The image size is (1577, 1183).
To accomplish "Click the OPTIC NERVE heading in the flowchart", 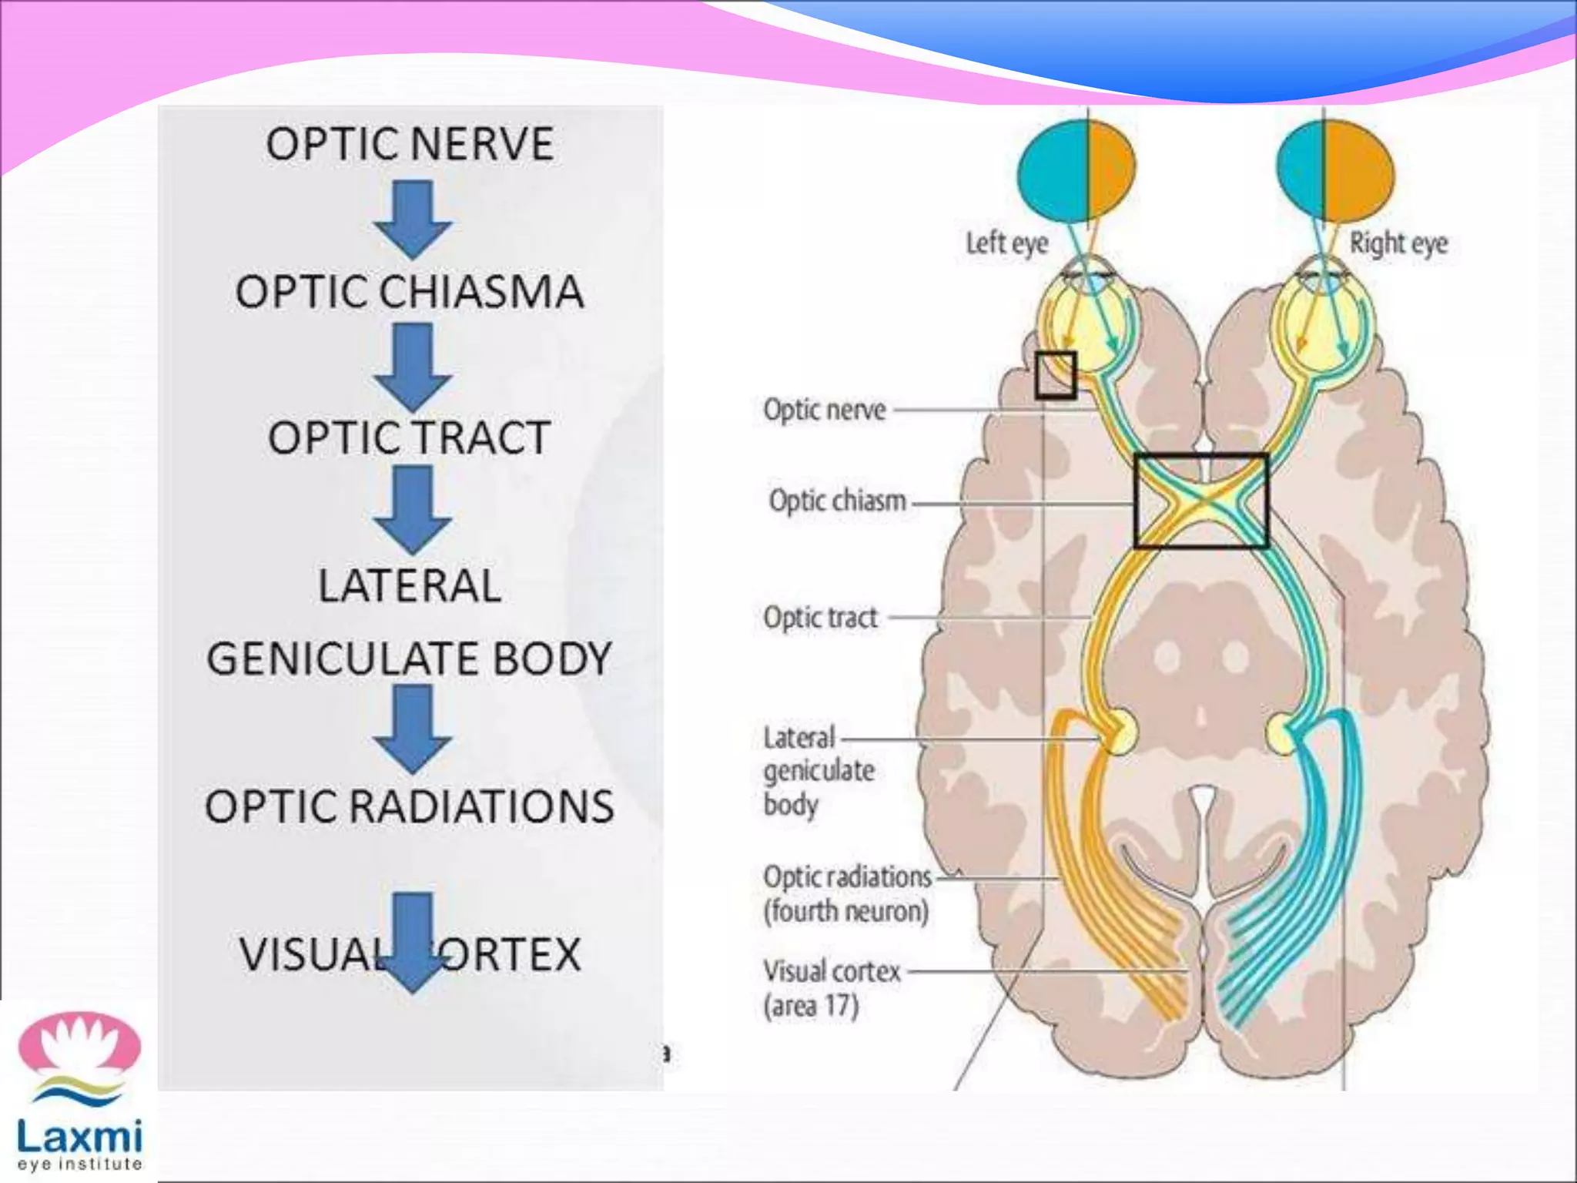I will point(410,145).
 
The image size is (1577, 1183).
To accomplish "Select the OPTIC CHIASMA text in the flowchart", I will point(410,293).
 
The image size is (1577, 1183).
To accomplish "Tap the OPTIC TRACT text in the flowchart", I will point(410,438).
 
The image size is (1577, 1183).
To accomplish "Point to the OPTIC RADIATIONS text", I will point(410,806).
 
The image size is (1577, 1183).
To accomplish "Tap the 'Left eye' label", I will point(1006,243).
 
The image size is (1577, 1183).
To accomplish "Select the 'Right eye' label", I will point(1398,243).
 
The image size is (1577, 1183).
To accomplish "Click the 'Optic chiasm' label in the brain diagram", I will point(838,501).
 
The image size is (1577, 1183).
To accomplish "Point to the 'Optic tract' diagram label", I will point(821,618).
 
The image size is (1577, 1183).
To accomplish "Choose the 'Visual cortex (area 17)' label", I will point(832,988).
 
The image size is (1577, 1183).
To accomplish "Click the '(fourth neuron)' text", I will point(845,912).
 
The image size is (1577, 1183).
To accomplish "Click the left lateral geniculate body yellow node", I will point(1120,732).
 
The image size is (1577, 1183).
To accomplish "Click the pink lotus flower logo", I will point(80,1044).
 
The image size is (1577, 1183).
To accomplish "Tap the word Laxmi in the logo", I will point(80,1138).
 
